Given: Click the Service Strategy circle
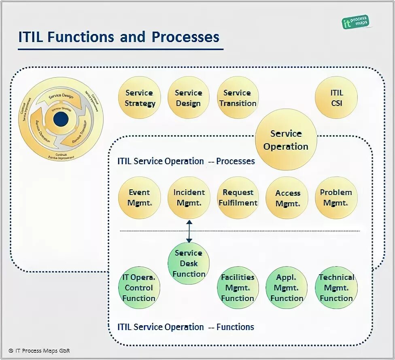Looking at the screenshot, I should point(140,98).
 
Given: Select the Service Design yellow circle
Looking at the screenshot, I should point(188,98).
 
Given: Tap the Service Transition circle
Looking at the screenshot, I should point(238,98).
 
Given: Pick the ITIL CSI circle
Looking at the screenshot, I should point(336,98).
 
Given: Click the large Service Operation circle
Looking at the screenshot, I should point(286,140).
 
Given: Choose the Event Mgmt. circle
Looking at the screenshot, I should point(139,198).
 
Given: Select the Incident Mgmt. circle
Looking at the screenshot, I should point(189,198).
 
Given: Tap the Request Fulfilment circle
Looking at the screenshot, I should point(238,198).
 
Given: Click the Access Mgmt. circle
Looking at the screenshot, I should point(287,198).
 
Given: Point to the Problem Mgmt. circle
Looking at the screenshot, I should point(336,198).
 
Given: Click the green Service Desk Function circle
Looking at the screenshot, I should point(189,263).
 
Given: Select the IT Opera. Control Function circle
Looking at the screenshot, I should point(139,288).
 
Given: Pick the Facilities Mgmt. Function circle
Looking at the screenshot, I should point(238,288).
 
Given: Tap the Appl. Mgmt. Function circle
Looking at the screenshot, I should point(287,288).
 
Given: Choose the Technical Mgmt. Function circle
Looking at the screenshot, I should point(336,288).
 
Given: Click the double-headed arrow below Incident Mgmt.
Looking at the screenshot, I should point(189,231).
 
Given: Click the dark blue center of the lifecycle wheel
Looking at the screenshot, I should point(61,119).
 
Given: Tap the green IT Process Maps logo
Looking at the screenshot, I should point(355,22).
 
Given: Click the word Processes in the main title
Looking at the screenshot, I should point(185,37).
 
